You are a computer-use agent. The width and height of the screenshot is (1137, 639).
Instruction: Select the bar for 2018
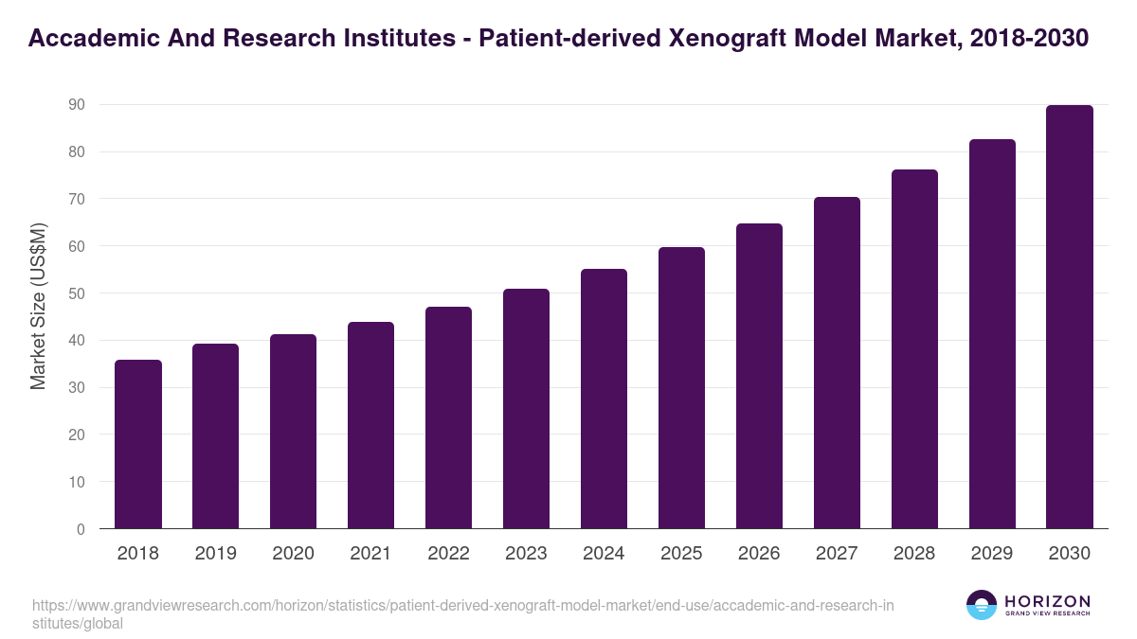[x=138, y=444]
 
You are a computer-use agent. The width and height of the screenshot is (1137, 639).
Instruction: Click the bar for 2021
[x=370, y=425]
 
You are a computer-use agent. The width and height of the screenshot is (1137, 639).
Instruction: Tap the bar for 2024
[x=604, y=399]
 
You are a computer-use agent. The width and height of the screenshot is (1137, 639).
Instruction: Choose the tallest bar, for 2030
[x=1070, y=317]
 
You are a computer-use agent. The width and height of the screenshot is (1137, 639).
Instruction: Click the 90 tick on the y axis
[x=77, y=105]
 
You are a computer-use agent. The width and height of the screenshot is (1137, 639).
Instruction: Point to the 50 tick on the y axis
[x=77, y=293]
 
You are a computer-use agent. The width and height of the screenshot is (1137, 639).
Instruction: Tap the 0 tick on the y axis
[x=81, y=529]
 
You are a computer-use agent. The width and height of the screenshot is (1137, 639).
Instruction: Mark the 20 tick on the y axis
[x=77, y=435]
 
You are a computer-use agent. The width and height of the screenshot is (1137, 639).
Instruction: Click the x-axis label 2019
[x=216, y=554]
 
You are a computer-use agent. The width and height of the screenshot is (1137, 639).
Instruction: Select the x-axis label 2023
[x=526, y=554]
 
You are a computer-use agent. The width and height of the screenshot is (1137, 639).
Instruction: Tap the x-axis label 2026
[x=759, y=554]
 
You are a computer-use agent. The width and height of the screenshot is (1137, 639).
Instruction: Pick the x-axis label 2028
[x=914, y=554]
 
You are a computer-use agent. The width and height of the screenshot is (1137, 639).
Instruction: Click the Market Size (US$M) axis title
[x=39, y=305]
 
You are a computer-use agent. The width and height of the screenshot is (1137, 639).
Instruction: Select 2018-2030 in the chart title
[x=1029, y=39]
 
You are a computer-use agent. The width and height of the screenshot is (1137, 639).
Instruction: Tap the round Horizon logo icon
[x=982, y=605]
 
